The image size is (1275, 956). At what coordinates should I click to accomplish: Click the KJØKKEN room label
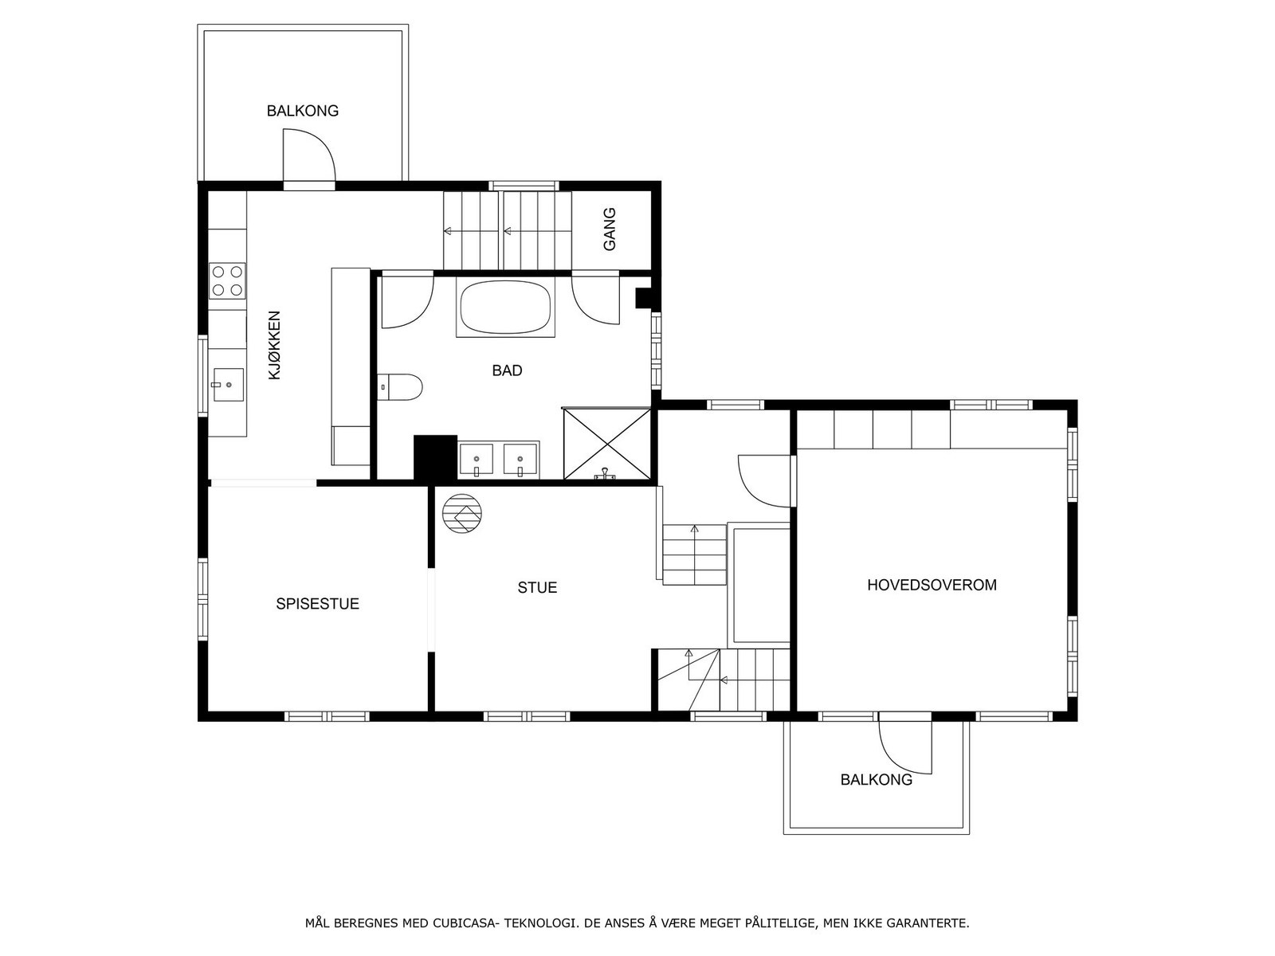274,346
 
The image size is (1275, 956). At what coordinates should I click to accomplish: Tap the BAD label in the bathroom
507,370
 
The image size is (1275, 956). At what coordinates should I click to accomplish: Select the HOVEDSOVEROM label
932,585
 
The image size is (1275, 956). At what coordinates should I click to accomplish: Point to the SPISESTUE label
318,604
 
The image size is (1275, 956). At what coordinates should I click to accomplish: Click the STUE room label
537,587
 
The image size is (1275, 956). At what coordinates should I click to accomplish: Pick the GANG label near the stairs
610,229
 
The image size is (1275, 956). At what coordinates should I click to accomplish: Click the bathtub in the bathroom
505,307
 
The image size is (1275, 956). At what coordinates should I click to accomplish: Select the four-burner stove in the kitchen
227,281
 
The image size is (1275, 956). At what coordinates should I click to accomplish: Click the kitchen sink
228,384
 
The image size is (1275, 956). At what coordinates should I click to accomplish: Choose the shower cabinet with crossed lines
607,444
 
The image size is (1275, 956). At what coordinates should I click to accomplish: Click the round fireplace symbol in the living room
461,514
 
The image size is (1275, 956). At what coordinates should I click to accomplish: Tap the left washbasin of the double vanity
477,459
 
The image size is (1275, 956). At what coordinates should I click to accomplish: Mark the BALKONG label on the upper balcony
303,111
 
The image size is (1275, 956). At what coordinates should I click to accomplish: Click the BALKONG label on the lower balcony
876,780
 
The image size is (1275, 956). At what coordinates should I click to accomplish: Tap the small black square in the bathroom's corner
644,298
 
